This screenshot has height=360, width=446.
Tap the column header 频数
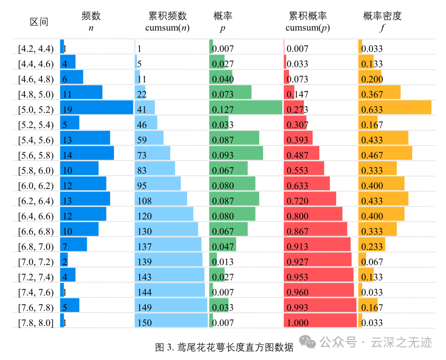(x=91, y=16)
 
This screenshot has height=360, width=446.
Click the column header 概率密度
(x=382, y=16)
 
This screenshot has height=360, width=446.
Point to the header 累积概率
(x=308, y=16)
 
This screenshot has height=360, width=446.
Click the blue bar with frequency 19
(x=97, y=107)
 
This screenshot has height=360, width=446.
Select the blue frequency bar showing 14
(x=87, y=153)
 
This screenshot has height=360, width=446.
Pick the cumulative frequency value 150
(x=145, y=322)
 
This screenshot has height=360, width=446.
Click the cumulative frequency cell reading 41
(x=142, y=109)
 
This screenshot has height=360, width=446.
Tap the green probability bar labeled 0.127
(x=246, y=107)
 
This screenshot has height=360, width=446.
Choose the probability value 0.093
(x=223, y=155)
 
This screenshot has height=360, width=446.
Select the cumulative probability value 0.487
(x=297, y=155)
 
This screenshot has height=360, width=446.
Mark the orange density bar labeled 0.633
(x=394, y=107)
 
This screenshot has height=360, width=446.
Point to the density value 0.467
(x=372, y=155)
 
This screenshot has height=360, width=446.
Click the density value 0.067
(x=372, y=262)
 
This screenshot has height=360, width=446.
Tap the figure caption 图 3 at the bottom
(x=224, y=347)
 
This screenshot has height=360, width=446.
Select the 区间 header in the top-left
(x=39, y=22)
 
